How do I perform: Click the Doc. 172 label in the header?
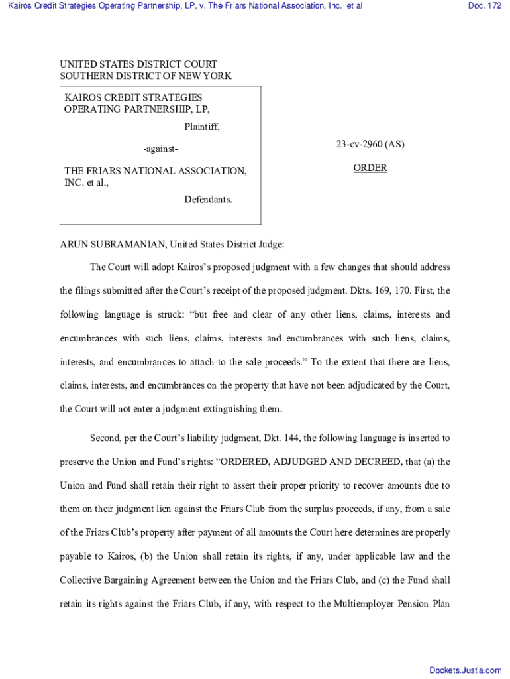484,6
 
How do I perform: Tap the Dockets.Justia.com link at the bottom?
465,670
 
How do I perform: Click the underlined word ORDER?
370,168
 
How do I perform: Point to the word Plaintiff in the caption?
201,127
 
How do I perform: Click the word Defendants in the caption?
208,200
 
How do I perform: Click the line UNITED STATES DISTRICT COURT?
138,64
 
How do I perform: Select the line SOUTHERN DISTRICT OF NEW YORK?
146,76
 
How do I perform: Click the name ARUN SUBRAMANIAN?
113,245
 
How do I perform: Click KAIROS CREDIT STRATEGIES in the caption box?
133,97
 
